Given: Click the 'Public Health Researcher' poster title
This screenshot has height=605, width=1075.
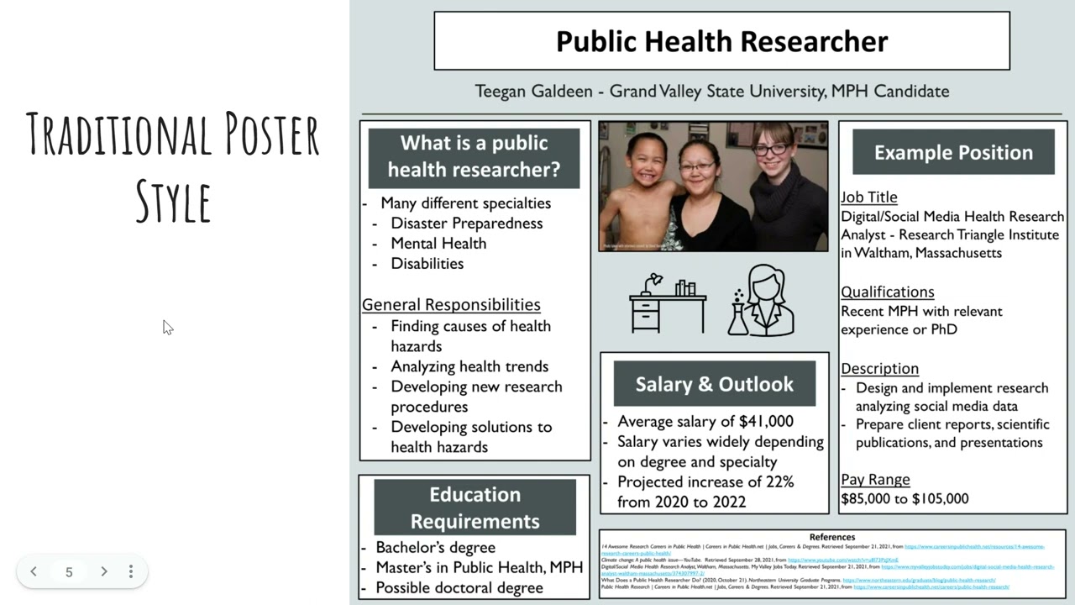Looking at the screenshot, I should click(721, 41).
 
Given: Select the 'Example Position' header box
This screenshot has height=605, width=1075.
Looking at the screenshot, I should click(953, 152).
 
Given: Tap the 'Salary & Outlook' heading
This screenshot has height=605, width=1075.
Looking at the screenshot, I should click(714, 384).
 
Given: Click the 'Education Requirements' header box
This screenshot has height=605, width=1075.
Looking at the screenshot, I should click(475, 508).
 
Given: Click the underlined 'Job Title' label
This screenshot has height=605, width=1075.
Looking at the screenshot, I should click(869, 197).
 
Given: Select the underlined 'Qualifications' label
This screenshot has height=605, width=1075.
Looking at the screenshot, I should click(888, 292).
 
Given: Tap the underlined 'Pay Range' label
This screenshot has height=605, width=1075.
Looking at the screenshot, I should click(875, 479).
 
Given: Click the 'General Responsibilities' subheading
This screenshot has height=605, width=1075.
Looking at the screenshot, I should click(451, 304).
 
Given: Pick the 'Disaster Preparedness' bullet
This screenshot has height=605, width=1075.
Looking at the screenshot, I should click(467, 223).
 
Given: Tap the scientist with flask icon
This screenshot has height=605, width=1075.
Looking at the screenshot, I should click(762, 301).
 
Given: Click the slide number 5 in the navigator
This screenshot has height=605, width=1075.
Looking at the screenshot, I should click(69, 572).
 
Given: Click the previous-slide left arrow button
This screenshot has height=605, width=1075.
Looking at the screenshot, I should click(34, 571).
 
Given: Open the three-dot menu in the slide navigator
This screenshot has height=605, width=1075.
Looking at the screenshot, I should click(130, 571).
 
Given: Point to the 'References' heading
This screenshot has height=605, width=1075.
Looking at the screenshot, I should click(831, 537).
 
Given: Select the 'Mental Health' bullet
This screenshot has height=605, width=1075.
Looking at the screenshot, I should click(438, 243).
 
